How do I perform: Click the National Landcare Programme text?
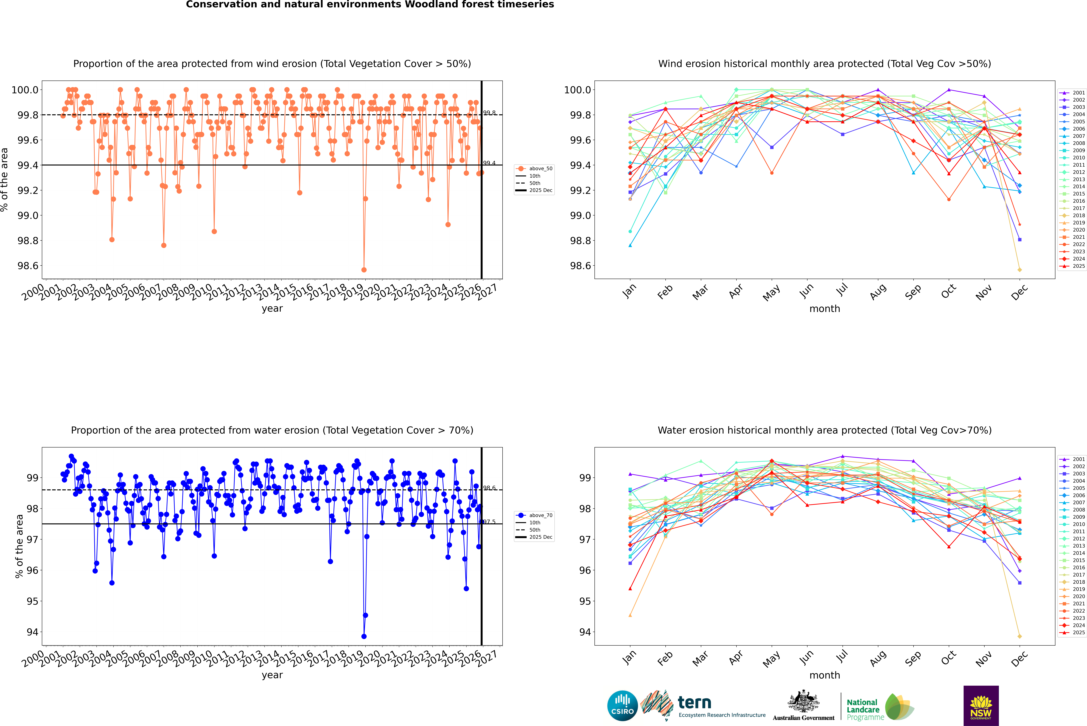coord(863,710)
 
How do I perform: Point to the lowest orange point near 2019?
coord(364,269)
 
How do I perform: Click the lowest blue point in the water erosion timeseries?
coord(364,636)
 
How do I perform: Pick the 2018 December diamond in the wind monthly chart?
coord(1019,269)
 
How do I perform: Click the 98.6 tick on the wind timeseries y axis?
coord(28,266)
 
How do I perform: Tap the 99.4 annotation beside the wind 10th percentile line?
coord(489,163)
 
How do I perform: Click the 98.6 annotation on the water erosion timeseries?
coord(489,488)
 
